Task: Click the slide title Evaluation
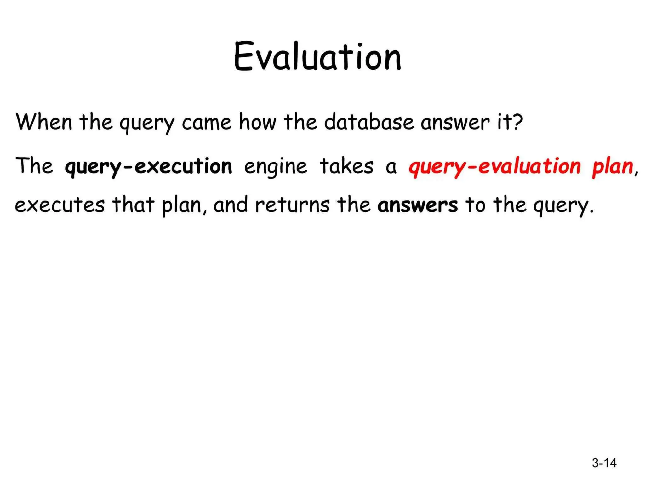tap(317, 57)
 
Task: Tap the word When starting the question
tap(44, 122)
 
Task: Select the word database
tap(369, 122)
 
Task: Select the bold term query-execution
tap(148, 167)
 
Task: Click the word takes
tap(346, 166)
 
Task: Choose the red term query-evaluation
tap(494, 167)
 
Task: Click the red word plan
tap(613, 167)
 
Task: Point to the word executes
tap(60, 205)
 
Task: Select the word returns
tap(293, 205)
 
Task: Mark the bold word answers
tap(418, 205)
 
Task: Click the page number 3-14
tap(604, 463)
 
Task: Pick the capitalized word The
tap(35, 166)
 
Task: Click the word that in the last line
tap(133, 205)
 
